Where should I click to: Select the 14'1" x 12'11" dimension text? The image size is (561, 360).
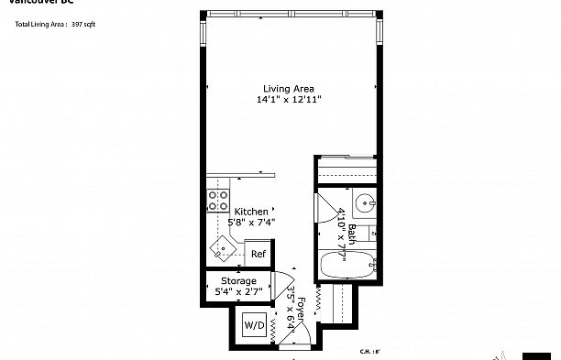click(x=289, y=99)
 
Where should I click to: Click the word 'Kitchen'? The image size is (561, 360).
click(x=251, y=211)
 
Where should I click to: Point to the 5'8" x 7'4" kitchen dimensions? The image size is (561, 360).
click(x=251, y=221)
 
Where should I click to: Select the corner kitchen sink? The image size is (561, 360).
click(x=222, y=246)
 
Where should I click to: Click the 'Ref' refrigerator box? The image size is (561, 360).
click(x=258, y=254)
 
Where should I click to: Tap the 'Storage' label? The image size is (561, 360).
click(x=238, y=281)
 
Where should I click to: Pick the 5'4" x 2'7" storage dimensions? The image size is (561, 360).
click(x=238, y=291)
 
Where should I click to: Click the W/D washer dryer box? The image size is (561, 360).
click(x=253, y=325)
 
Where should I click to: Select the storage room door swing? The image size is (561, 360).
click(x=284, y=285)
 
